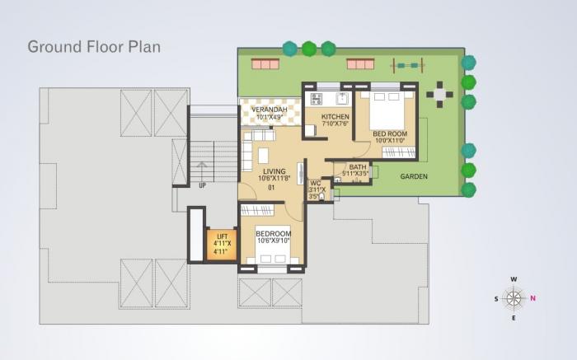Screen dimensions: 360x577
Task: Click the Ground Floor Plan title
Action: [94, 46]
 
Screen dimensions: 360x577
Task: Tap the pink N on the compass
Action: [533, 298]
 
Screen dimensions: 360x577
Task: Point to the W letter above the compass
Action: [514, 279]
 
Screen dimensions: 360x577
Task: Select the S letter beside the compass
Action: [495, 298]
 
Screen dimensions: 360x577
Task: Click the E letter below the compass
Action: [514, 317]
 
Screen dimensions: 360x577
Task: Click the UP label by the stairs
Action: [203, 185]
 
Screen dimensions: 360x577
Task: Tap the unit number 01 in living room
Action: [270, 188]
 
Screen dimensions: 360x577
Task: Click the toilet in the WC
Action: [321, 198]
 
